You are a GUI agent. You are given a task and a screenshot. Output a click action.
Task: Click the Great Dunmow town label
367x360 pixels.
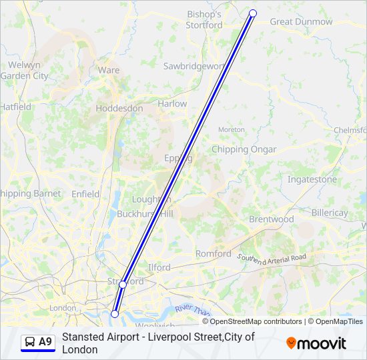coord(301,21)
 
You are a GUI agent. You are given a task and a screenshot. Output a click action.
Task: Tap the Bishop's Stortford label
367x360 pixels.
coord(205,19)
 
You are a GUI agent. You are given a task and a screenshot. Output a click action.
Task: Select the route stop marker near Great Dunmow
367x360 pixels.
coord(253,13)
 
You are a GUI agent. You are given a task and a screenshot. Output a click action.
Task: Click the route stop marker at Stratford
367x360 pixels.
coord(123,285)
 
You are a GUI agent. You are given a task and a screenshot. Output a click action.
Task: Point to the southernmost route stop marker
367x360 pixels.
coord(115,313)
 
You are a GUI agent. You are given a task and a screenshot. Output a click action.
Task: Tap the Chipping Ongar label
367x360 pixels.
coord(244,149)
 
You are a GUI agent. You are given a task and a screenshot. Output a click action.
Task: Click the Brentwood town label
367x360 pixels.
coord(271,219)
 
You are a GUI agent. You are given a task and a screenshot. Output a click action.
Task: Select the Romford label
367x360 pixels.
coord(213,253)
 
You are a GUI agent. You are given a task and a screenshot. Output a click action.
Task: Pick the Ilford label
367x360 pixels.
coord(159,267)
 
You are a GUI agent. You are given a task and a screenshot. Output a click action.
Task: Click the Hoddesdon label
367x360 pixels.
coord(119,108)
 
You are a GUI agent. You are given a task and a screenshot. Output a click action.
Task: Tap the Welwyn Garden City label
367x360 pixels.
coord(25,70)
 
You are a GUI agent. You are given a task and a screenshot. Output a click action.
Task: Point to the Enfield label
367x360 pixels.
coord(85,194)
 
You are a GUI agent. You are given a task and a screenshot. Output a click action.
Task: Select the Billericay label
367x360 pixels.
coord(330,213)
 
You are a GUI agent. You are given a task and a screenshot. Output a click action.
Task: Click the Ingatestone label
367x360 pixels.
coord(312,179)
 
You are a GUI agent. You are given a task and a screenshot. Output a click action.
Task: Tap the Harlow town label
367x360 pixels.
coord(172,104)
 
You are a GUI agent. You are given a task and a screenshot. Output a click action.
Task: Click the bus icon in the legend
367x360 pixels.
coord(31,342)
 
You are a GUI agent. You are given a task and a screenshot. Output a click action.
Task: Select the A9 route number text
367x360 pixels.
coord(45,342)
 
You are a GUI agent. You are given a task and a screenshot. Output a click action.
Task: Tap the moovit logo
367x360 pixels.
coord(316,343)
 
